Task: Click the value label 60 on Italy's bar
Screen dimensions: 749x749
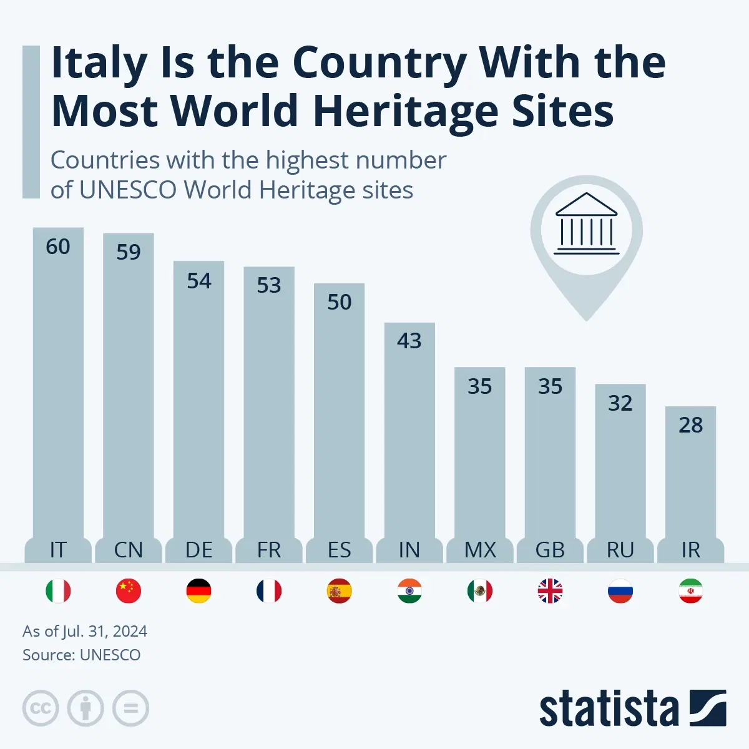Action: pyautogui.click(x=58, y=247)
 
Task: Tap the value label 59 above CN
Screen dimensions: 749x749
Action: pyautogui.click(x=129, y=252)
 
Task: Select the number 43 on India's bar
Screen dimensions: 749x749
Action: pyautogui.click(x=409, y=341)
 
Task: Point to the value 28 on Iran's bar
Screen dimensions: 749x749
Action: pyautogui.click(x=690, y=426)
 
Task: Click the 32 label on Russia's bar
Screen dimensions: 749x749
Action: pyautogui.click(x=620, y=404)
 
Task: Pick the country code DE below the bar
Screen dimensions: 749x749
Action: pyautogui.click(x=198, y=550)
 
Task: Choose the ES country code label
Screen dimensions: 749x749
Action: pyautogui.click(x=339, y=550)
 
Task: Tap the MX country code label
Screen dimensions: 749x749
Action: pyautogui.click(x=480, y=550)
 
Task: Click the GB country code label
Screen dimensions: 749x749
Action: pyautogui.click(x=550, y=550)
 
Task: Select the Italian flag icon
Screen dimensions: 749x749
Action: pyautogui.click(x=58, y=591)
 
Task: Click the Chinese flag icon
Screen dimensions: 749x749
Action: pyautogui.click(x=129, y=591)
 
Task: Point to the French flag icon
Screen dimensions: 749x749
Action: pyautogui.click(x=269, y=591)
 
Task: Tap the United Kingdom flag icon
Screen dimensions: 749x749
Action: pyautogui.click(x=550, y=591)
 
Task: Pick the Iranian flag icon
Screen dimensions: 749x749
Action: pyautogui.click(x=690, y=591)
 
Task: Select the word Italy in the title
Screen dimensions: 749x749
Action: pyautogui.click(x=99, y=64)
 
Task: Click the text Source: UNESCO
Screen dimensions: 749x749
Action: pyautogui.click(x=81, y=655)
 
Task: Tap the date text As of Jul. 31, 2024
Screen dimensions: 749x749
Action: pyautogui.click(x=85, y=631)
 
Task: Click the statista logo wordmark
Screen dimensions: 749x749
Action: pyautogui.click(x=609, y=709)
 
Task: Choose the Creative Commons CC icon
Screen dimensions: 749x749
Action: pyautogui.click(x=41, y=708)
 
